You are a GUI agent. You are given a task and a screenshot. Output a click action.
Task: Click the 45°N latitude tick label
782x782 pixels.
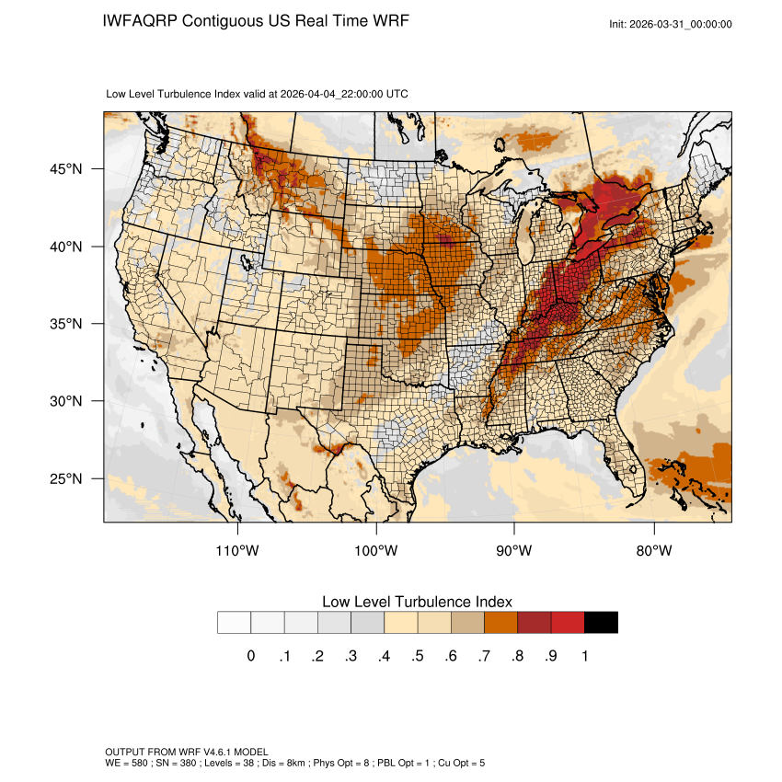pos(68,169)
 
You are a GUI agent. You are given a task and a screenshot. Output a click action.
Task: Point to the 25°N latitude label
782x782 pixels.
pos(68,478)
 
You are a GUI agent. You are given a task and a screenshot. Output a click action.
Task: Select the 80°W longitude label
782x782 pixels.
pos(654,551)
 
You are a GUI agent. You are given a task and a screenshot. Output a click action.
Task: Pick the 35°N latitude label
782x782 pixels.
pos(68,324)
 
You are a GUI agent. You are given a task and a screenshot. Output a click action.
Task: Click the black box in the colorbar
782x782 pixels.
pos(601,623)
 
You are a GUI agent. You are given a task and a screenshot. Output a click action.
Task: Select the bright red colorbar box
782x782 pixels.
pos(568,623)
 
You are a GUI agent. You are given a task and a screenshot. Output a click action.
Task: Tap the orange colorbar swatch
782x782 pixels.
pos(501,623)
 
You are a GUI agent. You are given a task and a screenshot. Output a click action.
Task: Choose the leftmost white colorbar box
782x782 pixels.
pos(235,623)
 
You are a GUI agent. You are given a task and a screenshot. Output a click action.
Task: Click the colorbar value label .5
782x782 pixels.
pos(418,656)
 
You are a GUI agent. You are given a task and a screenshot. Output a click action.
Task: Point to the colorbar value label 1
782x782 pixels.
pos(584,656)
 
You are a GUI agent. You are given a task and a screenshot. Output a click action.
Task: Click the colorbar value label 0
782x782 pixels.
pos(251,656)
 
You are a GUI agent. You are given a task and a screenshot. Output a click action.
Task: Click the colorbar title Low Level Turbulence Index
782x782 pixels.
pos(417,602)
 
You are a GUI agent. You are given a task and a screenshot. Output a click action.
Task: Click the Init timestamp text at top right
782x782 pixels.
pos(671,24)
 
